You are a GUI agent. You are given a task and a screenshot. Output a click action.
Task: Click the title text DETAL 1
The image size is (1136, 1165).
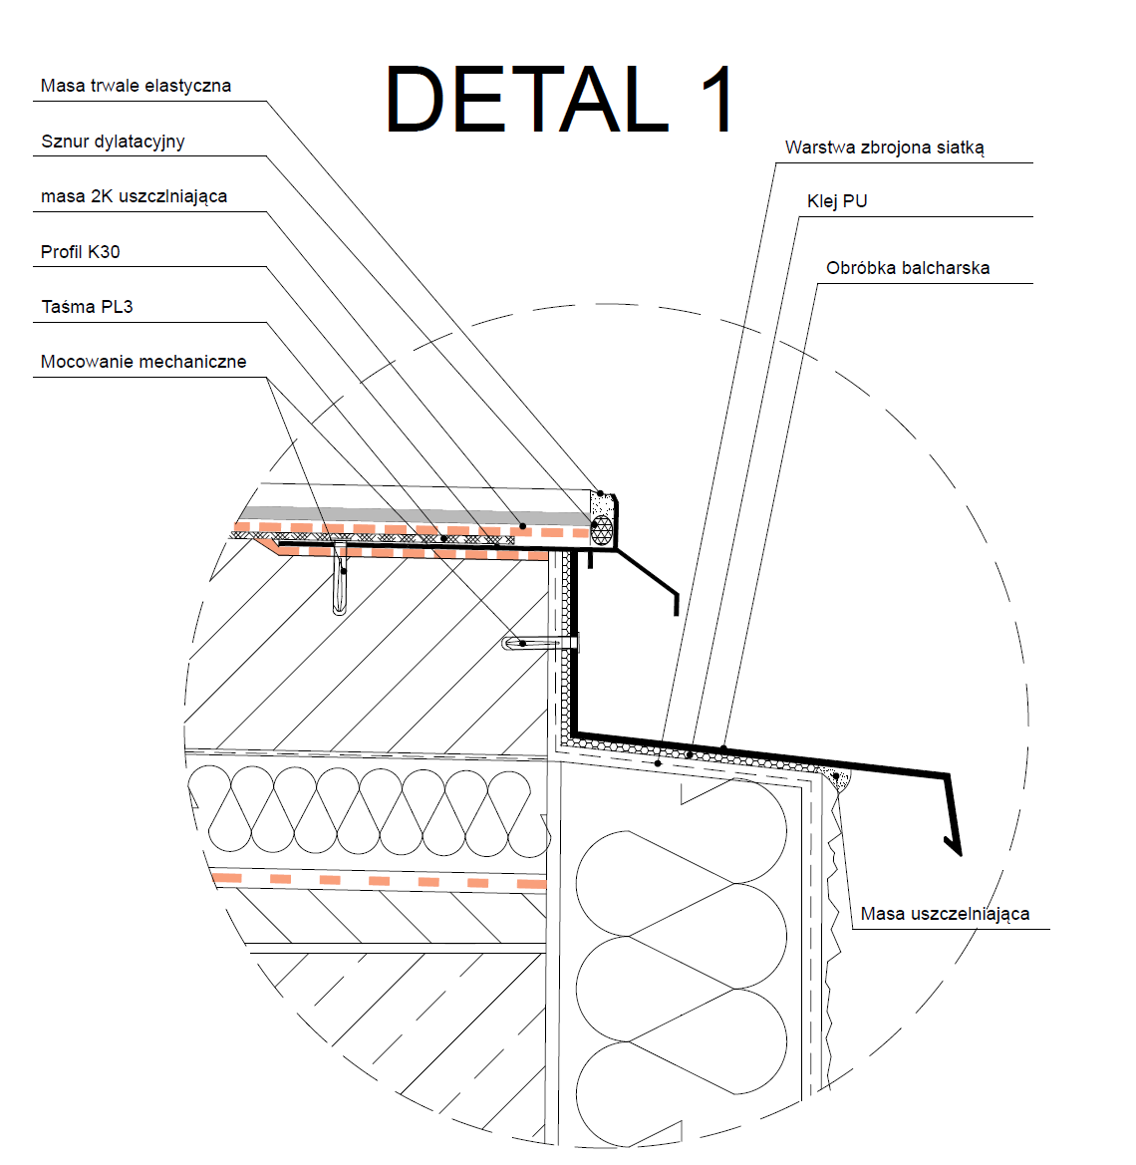point(560,99)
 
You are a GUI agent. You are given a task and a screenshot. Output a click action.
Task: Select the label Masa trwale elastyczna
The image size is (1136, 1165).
point(136,86)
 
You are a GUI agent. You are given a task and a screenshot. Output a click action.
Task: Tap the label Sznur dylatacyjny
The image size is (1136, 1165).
point(113,142)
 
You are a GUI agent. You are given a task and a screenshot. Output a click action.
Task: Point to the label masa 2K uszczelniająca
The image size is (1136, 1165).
point(134,196)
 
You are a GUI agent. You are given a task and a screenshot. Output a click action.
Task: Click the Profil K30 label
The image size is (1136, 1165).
point(80,252)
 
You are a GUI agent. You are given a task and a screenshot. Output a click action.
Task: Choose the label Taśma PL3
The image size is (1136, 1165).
point(87,307)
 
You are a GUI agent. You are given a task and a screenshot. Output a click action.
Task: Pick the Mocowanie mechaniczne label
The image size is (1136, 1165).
point(143,362)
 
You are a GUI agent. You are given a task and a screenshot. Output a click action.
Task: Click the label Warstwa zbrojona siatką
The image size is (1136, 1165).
point(884,147)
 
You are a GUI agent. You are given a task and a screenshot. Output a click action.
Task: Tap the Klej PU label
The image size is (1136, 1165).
point(837,201)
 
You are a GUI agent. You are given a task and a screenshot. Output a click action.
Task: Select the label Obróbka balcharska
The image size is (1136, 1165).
point(908,268)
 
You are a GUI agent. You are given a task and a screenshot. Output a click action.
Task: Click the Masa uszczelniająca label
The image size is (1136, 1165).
point(945,914)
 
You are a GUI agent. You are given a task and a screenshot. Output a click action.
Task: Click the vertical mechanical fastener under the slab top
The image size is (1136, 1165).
point(341,586)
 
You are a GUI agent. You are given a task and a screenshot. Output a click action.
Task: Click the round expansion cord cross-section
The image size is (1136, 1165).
point(602,529)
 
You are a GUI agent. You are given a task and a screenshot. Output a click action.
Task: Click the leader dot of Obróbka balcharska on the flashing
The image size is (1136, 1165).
point(724,748)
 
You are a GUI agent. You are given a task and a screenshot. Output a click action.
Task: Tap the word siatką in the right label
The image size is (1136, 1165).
point(960,147)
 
